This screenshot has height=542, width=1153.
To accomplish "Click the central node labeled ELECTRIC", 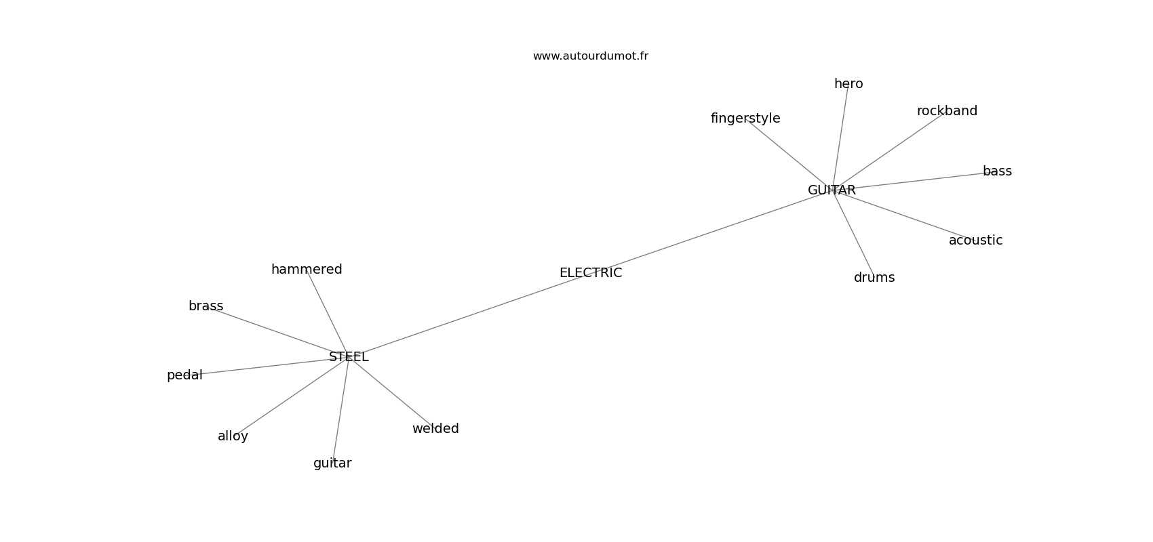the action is click(x=590, y=272).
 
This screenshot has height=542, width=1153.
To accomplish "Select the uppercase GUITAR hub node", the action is click(x=832, y=190).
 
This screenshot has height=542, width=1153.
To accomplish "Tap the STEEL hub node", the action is click(x=349, y=357).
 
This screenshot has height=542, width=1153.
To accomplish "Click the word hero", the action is click(x=848, y=84).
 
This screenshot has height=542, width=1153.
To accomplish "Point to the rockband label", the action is click(x=947, y=111).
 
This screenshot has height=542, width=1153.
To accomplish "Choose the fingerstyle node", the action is click(x=745, y=119).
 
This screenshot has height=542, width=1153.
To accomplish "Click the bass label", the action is click(x=997, y=171).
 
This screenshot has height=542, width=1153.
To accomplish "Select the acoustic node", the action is click(x=975, y=240).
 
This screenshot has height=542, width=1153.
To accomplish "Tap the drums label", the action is click(x=874, y=278).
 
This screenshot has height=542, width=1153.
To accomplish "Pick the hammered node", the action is click(x=307, y=270).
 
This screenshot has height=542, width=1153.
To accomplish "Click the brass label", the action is click(x=206, y=306).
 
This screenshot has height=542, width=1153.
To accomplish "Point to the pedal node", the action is click(x=184, y=376).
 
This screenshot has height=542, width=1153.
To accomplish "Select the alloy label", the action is click(x=233, y=436).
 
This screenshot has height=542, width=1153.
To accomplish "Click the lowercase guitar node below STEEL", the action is click(x=332, y=464).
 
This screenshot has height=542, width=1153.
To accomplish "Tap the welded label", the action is click(x=435, y=429).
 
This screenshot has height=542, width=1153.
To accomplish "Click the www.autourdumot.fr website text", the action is click(x=590, y=56).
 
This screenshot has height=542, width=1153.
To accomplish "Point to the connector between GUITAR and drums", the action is click(x=853, y=234).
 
